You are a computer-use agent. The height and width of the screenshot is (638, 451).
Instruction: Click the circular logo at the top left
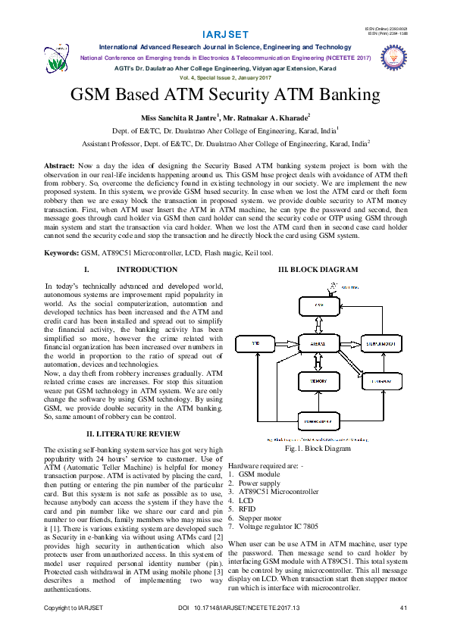[58, 58]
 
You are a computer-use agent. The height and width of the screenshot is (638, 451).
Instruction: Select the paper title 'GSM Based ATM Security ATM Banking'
[224, 95]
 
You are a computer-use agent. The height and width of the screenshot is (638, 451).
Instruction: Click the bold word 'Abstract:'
[58, 165]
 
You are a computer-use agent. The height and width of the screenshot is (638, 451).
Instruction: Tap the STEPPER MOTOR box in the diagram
[381, 345]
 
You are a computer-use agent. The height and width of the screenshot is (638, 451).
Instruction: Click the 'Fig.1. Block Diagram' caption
[318, 449]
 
